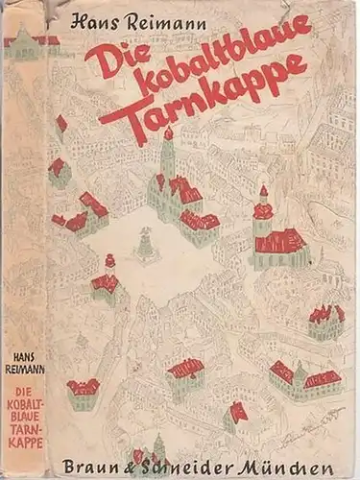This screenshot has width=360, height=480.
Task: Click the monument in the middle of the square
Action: point(145,244)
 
